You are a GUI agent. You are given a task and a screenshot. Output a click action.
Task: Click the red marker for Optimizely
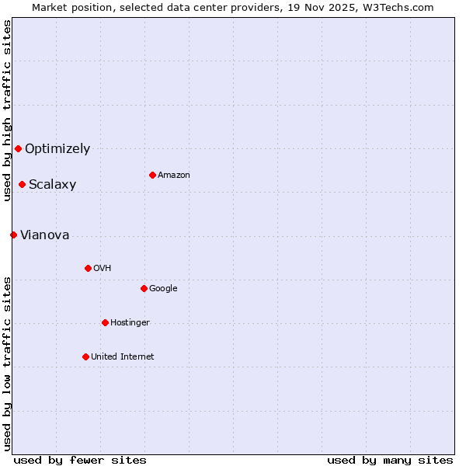(x=18, y=148)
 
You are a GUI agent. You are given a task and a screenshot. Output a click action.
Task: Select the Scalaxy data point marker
(x=23, y=184)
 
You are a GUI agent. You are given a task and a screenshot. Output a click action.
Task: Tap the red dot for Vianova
(x=13, y=235)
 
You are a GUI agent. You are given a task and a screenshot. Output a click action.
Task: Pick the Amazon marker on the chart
(x=152, y=175)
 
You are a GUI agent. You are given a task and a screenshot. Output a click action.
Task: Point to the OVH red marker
(x=88, y=268)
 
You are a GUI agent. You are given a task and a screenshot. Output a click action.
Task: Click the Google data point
(x=144, y=288)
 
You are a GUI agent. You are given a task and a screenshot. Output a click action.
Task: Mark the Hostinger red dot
(x=105, y=322)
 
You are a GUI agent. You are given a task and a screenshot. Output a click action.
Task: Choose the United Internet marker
(x=85, y=356)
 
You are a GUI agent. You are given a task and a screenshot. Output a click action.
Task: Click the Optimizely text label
(x=57, y=148)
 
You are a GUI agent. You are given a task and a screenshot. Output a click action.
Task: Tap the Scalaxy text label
(x=52, y=184)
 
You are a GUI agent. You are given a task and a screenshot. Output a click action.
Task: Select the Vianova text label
(x=44, y=235)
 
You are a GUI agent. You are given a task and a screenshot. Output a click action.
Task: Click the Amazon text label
(x=173, y=175)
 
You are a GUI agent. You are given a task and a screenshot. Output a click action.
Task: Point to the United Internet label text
(x=122, y=356)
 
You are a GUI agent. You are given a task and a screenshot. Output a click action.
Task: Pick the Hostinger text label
(x=130, y=322)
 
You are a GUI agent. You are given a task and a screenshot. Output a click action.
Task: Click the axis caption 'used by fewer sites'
(x=80, y=460)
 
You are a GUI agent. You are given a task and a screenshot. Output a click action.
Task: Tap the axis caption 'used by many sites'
(x=390, y=460)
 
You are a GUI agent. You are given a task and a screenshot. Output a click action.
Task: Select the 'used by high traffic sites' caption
(x=7, y=111)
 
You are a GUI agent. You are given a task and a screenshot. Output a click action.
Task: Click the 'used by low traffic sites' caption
(x=7, y=363)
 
